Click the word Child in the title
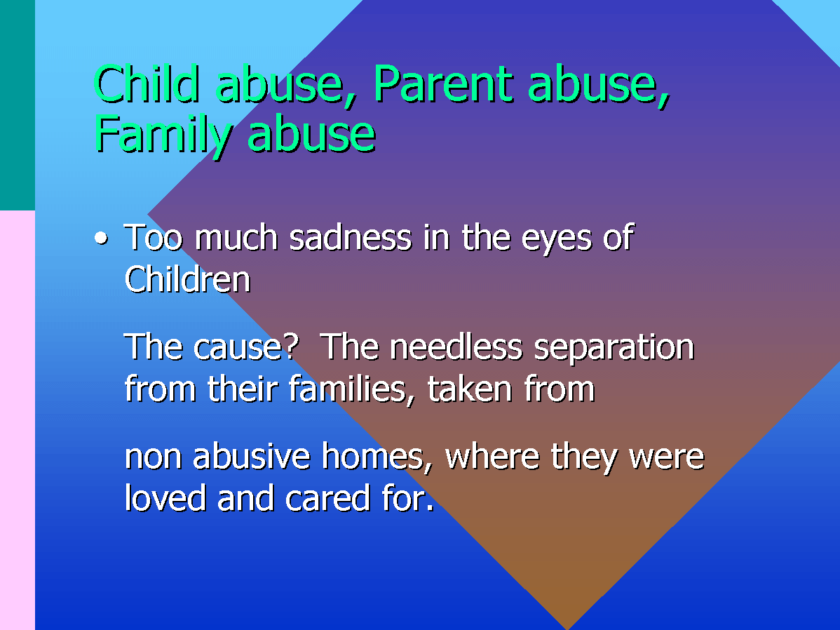147,84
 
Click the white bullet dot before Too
101,238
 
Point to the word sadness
351,238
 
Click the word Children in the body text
187,279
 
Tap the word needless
456,347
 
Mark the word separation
614,347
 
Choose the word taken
470,389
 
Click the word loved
165,497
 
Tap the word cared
327,497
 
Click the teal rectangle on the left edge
17,105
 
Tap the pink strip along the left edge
17,420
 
